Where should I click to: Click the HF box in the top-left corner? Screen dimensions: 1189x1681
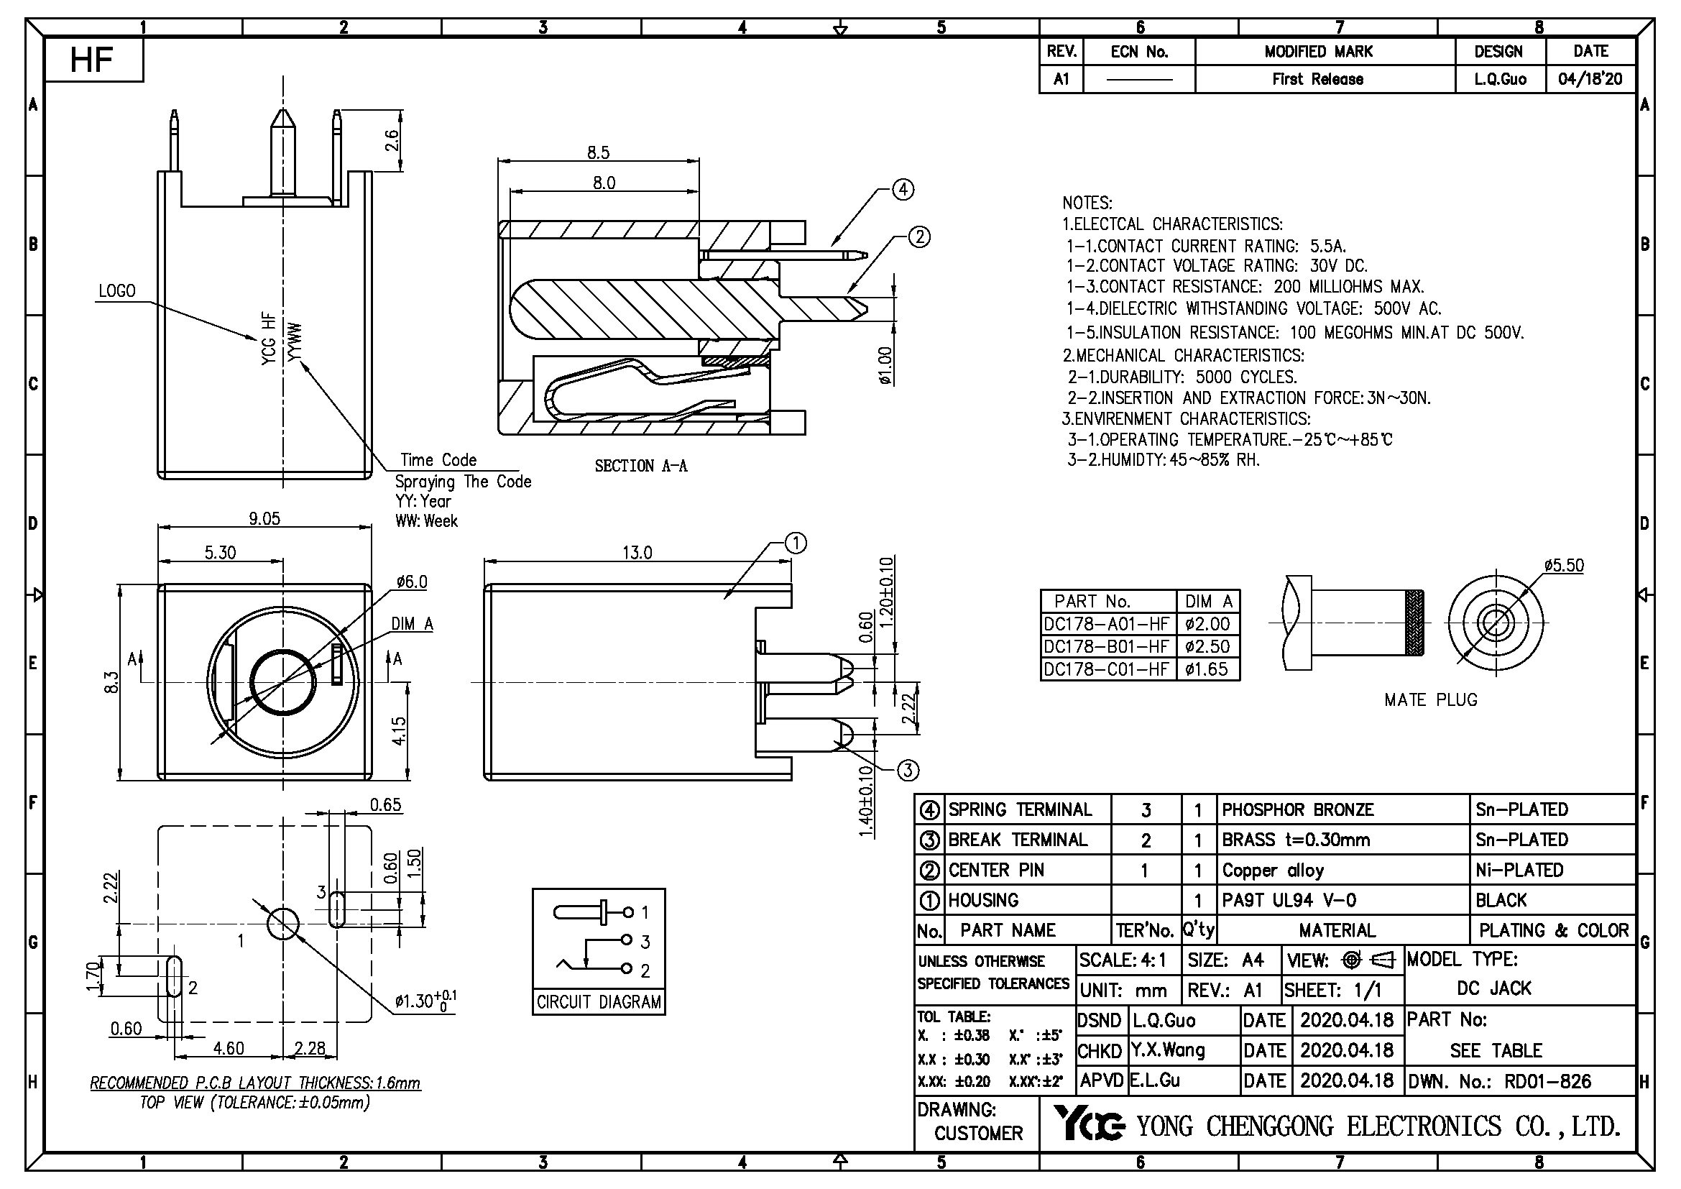coord(93,60)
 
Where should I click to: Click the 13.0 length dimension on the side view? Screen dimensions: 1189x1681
coord(637,553)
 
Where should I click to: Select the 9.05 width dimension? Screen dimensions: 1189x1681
coord(264,518)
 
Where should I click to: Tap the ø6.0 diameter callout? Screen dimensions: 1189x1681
coord(412,582)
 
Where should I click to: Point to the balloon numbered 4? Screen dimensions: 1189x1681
coord(903,190)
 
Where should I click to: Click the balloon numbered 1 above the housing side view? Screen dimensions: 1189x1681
coord(796,543)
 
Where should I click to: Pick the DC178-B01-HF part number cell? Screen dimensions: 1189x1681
coord(1106,646)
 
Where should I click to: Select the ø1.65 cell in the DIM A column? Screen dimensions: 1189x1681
coord(1207,669)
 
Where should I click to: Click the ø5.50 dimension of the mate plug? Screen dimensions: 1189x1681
coord(1563,566)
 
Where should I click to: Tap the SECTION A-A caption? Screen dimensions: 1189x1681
coord(640,466)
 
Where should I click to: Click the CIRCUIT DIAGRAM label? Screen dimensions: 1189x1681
coord(598,1001)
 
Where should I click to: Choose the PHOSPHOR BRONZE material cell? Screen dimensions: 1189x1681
coord(1297,809)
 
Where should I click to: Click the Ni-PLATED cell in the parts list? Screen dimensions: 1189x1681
coord(1519,870)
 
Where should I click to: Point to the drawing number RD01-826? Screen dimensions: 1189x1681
coord(1547,1081)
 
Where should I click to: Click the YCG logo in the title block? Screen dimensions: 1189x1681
coord(1088,1124)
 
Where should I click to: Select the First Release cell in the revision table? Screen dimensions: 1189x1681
coord(1317,79)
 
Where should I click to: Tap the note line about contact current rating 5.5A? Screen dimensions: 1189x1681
coord(1206,246)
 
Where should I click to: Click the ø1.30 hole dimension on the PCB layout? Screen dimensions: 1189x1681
coord(425,1001)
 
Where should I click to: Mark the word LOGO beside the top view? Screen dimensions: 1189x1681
coord(117,290)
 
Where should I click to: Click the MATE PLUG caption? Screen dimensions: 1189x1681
coord(1431,700)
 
